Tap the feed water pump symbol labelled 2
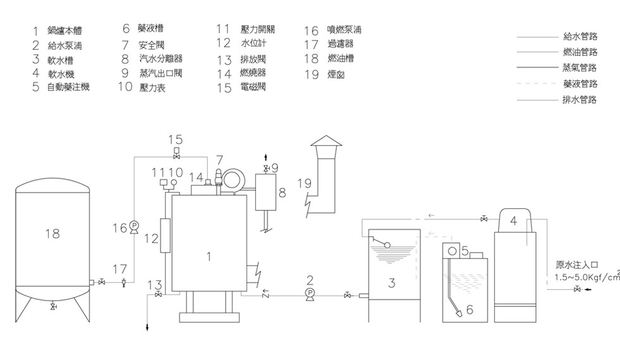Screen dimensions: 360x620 point(310,294)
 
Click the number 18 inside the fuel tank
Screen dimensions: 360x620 point(52,234)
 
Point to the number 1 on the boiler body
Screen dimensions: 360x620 point(209,256)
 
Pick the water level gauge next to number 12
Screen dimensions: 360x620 point(166,235)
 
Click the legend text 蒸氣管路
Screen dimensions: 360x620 point(579,68)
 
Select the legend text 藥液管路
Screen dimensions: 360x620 point(579,83)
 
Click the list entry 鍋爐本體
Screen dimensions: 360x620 point(64,31)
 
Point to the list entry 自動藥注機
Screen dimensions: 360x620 point(68,87)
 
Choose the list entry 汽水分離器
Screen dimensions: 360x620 point(161,59)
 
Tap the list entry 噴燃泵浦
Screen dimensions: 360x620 point(344,30)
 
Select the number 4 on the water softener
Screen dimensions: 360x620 point(513,221)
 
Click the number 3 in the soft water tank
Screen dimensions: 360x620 point(392,284)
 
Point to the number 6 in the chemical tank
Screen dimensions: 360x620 point(469,309)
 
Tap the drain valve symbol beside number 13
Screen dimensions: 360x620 point(158,294)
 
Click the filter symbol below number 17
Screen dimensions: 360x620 point(123,282)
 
